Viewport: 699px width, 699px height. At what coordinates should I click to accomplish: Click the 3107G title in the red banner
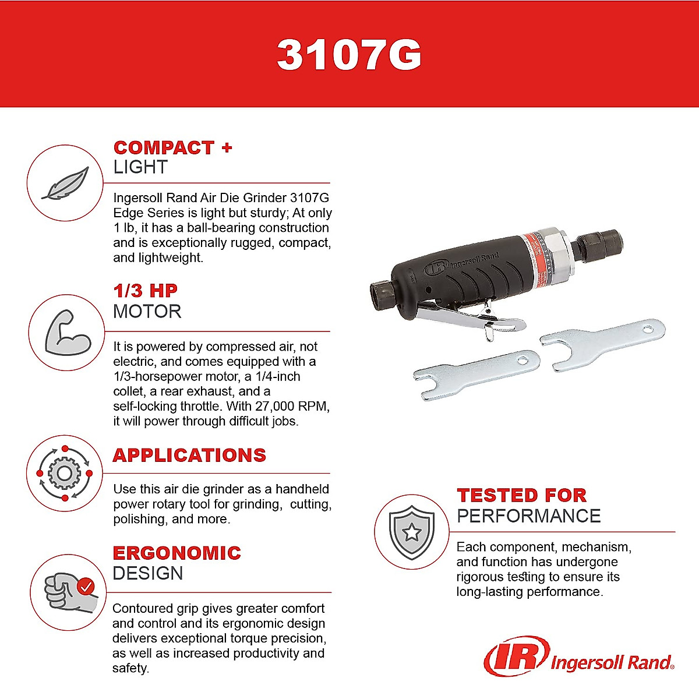(x=349, y=55)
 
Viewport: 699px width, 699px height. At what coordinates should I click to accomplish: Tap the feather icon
(x=65, y=183)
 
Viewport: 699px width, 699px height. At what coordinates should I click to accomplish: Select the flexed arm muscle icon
(x=67, y=333)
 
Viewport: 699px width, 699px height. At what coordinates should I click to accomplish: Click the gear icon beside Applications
(x=64, y=472)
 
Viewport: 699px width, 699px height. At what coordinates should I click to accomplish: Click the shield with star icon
(x=412, y=532)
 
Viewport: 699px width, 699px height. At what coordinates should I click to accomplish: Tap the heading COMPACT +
(x=172, y=148)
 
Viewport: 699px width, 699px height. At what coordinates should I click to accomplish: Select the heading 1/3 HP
(x=145, y=291)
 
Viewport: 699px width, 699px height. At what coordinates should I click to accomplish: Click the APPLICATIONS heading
(x=189, y=455)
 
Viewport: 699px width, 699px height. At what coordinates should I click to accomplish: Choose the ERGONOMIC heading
(x=176, y=553)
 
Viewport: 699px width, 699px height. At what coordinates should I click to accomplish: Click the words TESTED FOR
(x=521, y=495)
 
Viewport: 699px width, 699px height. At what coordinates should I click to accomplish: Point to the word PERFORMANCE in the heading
(x=528, y=516)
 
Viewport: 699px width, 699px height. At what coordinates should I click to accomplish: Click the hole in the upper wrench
(x=646, y=330)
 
